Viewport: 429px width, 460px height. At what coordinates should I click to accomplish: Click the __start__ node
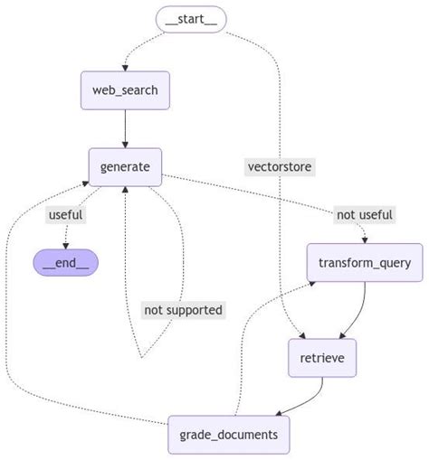[190, 18]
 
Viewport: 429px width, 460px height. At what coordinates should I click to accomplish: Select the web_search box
[125, 90]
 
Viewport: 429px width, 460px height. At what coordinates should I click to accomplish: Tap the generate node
[125, 165]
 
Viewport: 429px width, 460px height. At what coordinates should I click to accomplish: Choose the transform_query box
[365, 263]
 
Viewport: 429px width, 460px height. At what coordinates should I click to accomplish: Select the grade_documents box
[229, 436]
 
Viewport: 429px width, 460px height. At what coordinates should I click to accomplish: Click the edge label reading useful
[65, 214]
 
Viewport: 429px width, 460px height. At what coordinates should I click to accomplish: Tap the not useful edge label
[365, 214]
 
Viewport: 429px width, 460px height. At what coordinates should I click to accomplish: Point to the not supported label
[183, 310]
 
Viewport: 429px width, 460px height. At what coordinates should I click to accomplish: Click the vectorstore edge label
[280, 165]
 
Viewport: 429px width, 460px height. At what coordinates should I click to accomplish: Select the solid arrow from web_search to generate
[125, 128]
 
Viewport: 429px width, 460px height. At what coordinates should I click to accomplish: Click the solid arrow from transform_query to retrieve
[357, 307]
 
